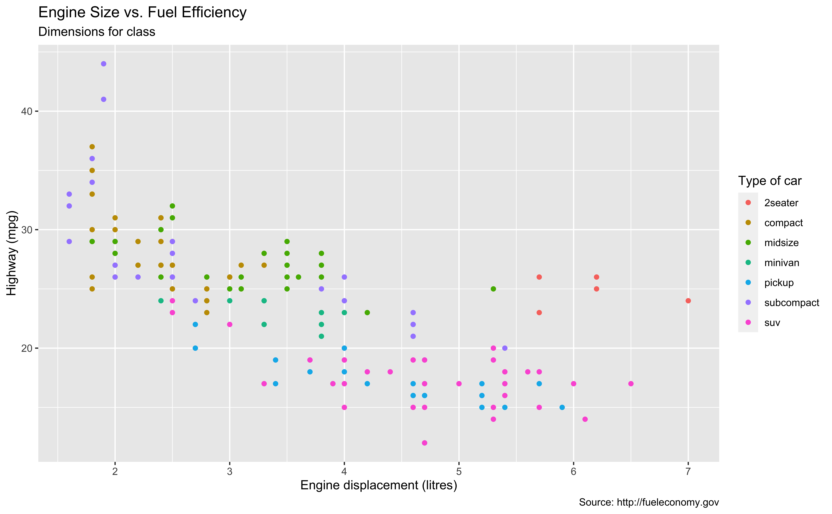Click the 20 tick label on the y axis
pyautogui.click(x=27, y=348)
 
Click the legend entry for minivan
pyautogui.click(x=781, y=263)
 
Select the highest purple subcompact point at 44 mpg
pyautogui.click(x=104, y=64)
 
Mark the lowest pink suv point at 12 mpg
pyautogui.click(x=424, y=443)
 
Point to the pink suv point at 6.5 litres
pyautogui.click(x=631, y=384)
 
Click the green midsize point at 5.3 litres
pyautogui.click(x=493, y=289)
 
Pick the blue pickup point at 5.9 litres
pyautogui.click(x=562, y=407)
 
